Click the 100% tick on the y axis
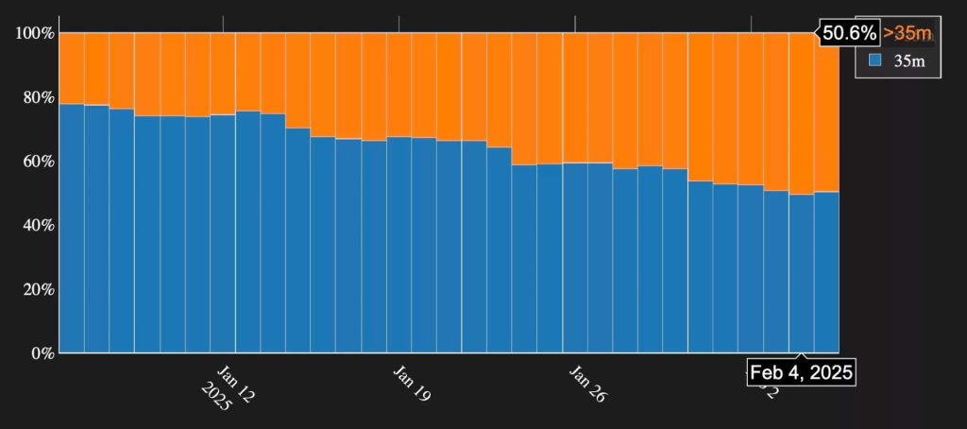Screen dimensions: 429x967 pos(35,33)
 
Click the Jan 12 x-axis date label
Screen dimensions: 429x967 pos(236,381)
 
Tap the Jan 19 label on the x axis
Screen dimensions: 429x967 pos(412,381)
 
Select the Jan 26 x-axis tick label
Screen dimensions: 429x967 pos(587,381)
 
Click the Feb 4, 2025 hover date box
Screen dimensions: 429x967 pos(802,372)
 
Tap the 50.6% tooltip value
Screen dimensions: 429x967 pos(850,33)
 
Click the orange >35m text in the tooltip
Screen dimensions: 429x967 pos(907,33)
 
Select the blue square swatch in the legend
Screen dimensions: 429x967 pos(874,60)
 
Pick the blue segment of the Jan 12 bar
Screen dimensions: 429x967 pos(223,236)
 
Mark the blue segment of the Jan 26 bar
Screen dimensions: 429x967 pos(575,255)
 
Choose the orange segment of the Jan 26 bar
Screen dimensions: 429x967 pos(575,94)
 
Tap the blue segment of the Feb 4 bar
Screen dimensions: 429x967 pos(802,274)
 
